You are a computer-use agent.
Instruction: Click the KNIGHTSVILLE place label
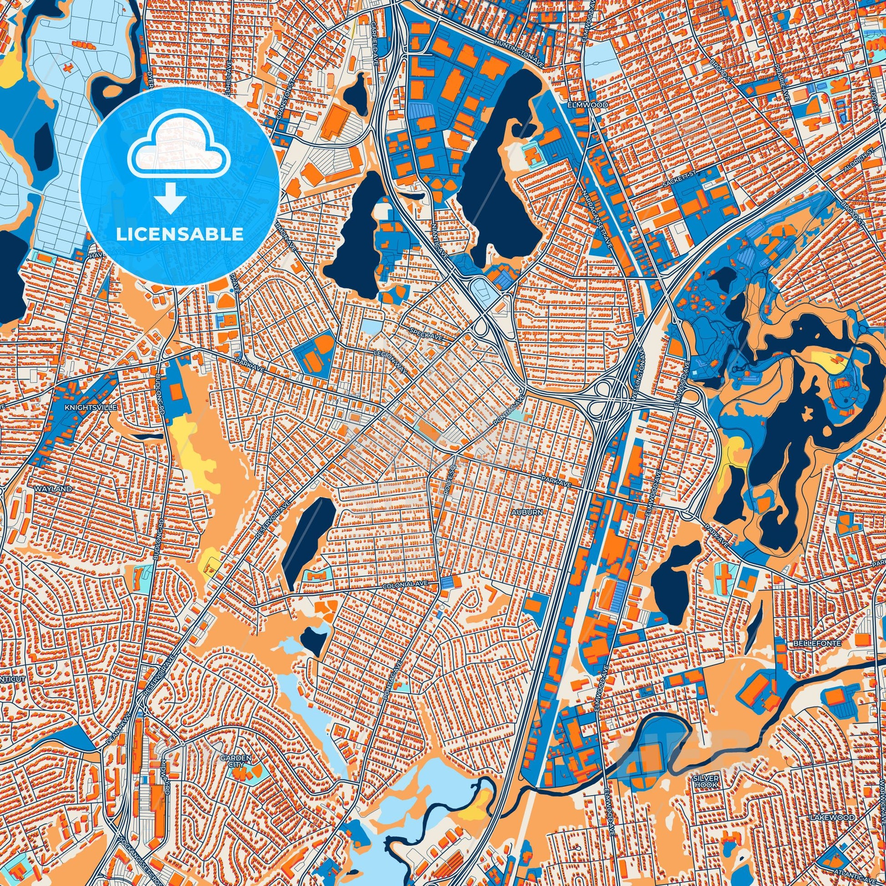[x=91, y=407]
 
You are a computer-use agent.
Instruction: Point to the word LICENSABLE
[x=179, y=234]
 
